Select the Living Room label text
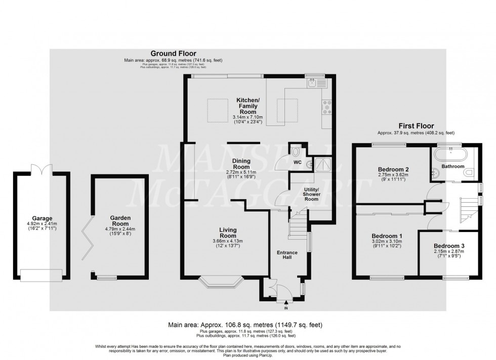tap(228, 233)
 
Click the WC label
tap(298, 162)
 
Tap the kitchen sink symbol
tap(319, 83)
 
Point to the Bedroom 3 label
tap(449, 246)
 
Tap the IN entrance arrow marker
tap(286, 303)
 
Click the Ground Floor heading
tap(173, 53)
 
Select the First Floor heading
tap(416, 126)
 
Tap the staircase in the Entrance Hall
tap(297, 226)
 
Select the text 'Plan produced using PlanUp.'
tap(247, 354)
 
